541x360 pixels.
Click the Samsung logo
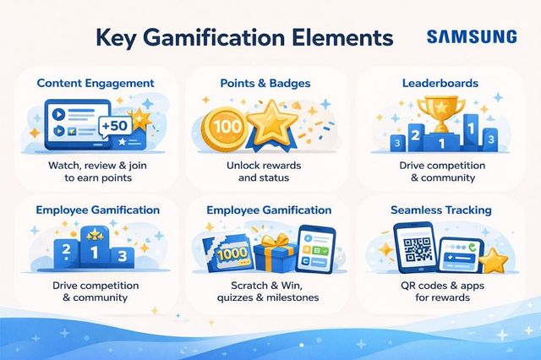(472, 36)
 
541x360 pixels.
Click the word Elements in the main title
(342, 38)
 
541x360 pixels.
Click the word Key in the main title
(116, 38)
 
